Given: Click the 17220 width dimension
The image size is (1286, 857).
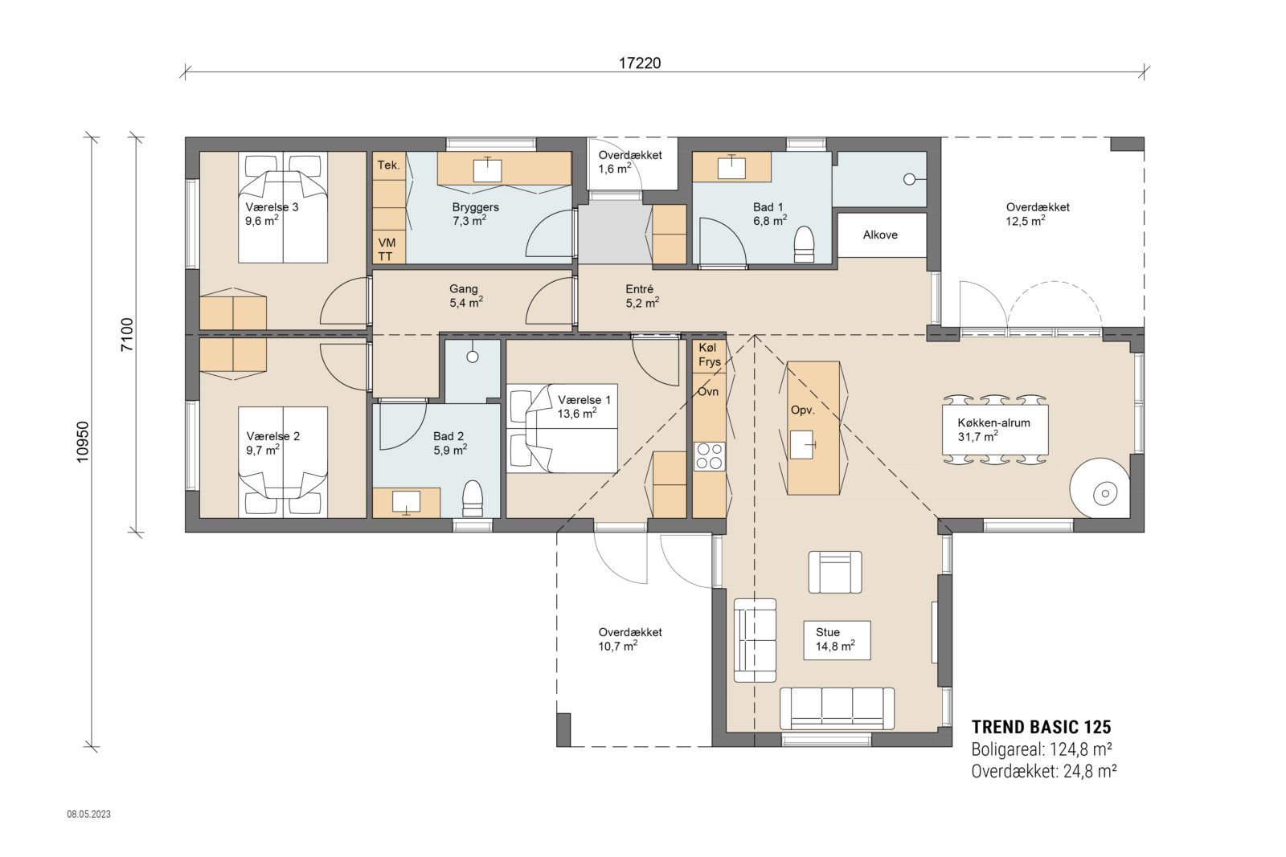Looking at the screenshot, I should tap(640, 63).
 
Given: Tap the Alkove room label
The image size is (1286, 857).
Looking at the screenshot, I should tap(880, 235).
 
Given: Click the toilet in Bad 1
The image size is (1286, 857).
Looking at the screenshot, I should tap(804, 244).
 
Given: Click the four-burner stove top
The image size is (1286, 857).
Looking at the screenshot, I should tap(709, 456).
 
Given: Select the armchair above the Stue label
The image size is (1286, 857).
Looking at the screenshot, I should tap(835, 572).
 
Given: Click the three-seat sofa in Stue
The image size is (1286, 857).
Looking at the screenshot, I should tap(837, 708).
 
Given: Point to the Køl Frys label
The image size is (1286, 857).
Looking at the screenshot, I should tap(709, 354).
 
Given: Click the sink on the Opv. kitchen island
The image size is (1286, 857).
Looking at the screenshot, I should tap(802, 443).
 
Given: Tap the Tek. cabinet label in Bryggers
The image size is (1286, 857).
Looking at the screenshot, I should tap(388, 165).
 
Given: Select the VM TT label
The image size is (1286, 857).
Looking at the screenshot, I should tap(387, 249).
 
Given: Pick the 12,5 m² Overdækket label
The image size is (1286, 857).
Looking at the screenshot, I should tap(1037, 214).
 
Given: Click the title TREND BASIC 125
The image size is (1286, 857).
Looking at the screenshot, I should tap(1041, 728).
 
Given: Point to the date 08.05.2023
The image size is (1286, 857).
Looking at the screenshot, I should tap(88, 814).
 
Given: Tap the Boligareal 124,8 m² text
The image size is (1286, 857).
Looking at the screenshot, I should tap(1041, 749).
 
